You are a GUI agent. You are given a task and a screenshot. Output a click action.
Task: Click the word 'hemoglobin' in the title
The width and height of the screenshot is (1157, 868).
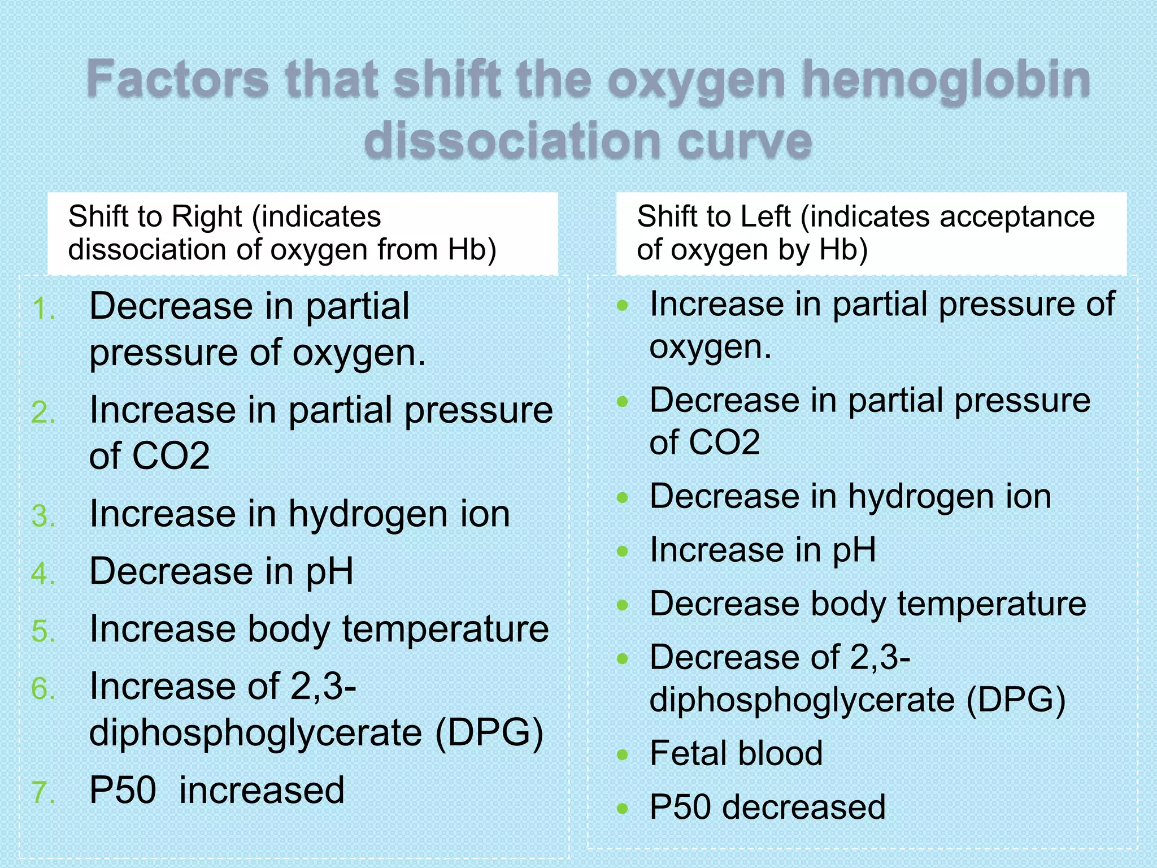click(946, 81)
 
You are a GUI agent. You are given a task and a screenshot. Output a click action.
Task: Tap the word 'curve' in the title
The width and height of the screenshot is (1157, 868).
click(745, 141)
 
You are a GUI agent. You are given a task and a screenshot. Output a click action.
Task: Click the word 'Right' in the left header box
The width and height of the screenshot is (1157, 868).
click(207, 216)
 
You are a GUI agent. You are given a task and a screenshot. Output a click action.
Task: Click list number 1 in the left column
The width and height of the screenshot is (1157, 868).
click(44, 309)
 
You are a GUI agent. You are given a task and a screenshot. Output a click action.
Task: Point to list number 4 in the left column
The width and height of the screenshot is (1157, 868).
click(44, 574)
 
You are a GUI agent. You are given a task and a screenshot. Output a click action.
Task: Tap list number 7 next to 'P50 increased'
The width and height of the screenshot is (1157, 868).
click(44, 792)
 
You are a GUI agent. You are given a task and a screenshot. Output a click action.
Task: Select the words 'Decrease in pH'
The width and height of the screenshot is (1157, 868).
click(221, 571)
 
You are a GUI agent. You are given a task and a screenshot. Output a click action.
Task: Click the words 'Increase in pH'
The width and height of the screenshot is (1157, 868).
click(763, 550)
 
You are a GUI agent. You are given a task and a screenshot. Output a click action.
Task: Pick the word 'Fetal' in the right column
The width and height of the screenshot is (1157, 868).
click(685, 753)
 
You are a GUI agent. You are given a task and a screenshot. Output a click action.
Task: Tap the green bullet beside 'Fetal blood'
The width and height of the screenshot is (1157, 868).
click(623, 755)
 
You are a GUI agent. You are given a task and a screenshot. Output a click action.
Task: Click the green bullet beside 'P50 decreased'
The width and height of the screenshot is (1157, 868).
click(623, 809)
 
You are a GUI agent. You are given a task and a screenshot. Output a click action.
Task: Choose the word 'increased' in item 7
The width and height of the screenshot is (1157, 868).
click(262, 790)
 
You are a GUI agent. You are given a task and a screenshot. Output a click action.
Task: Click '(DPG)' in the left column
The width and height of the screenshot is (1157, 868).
click(489, 733)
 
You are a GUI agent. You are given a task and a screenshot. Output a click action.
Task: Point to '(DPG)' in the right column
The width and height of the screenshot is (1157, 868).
click(1016, 700)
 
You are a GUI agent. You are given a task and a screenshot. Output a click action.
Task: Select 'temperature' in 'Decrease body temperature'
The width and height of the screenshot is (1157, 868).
click(991, 604)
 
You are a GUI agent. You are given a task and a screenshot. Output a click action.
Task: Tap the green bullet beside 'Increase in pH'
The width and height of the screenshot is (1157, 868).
click(623, 552)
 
